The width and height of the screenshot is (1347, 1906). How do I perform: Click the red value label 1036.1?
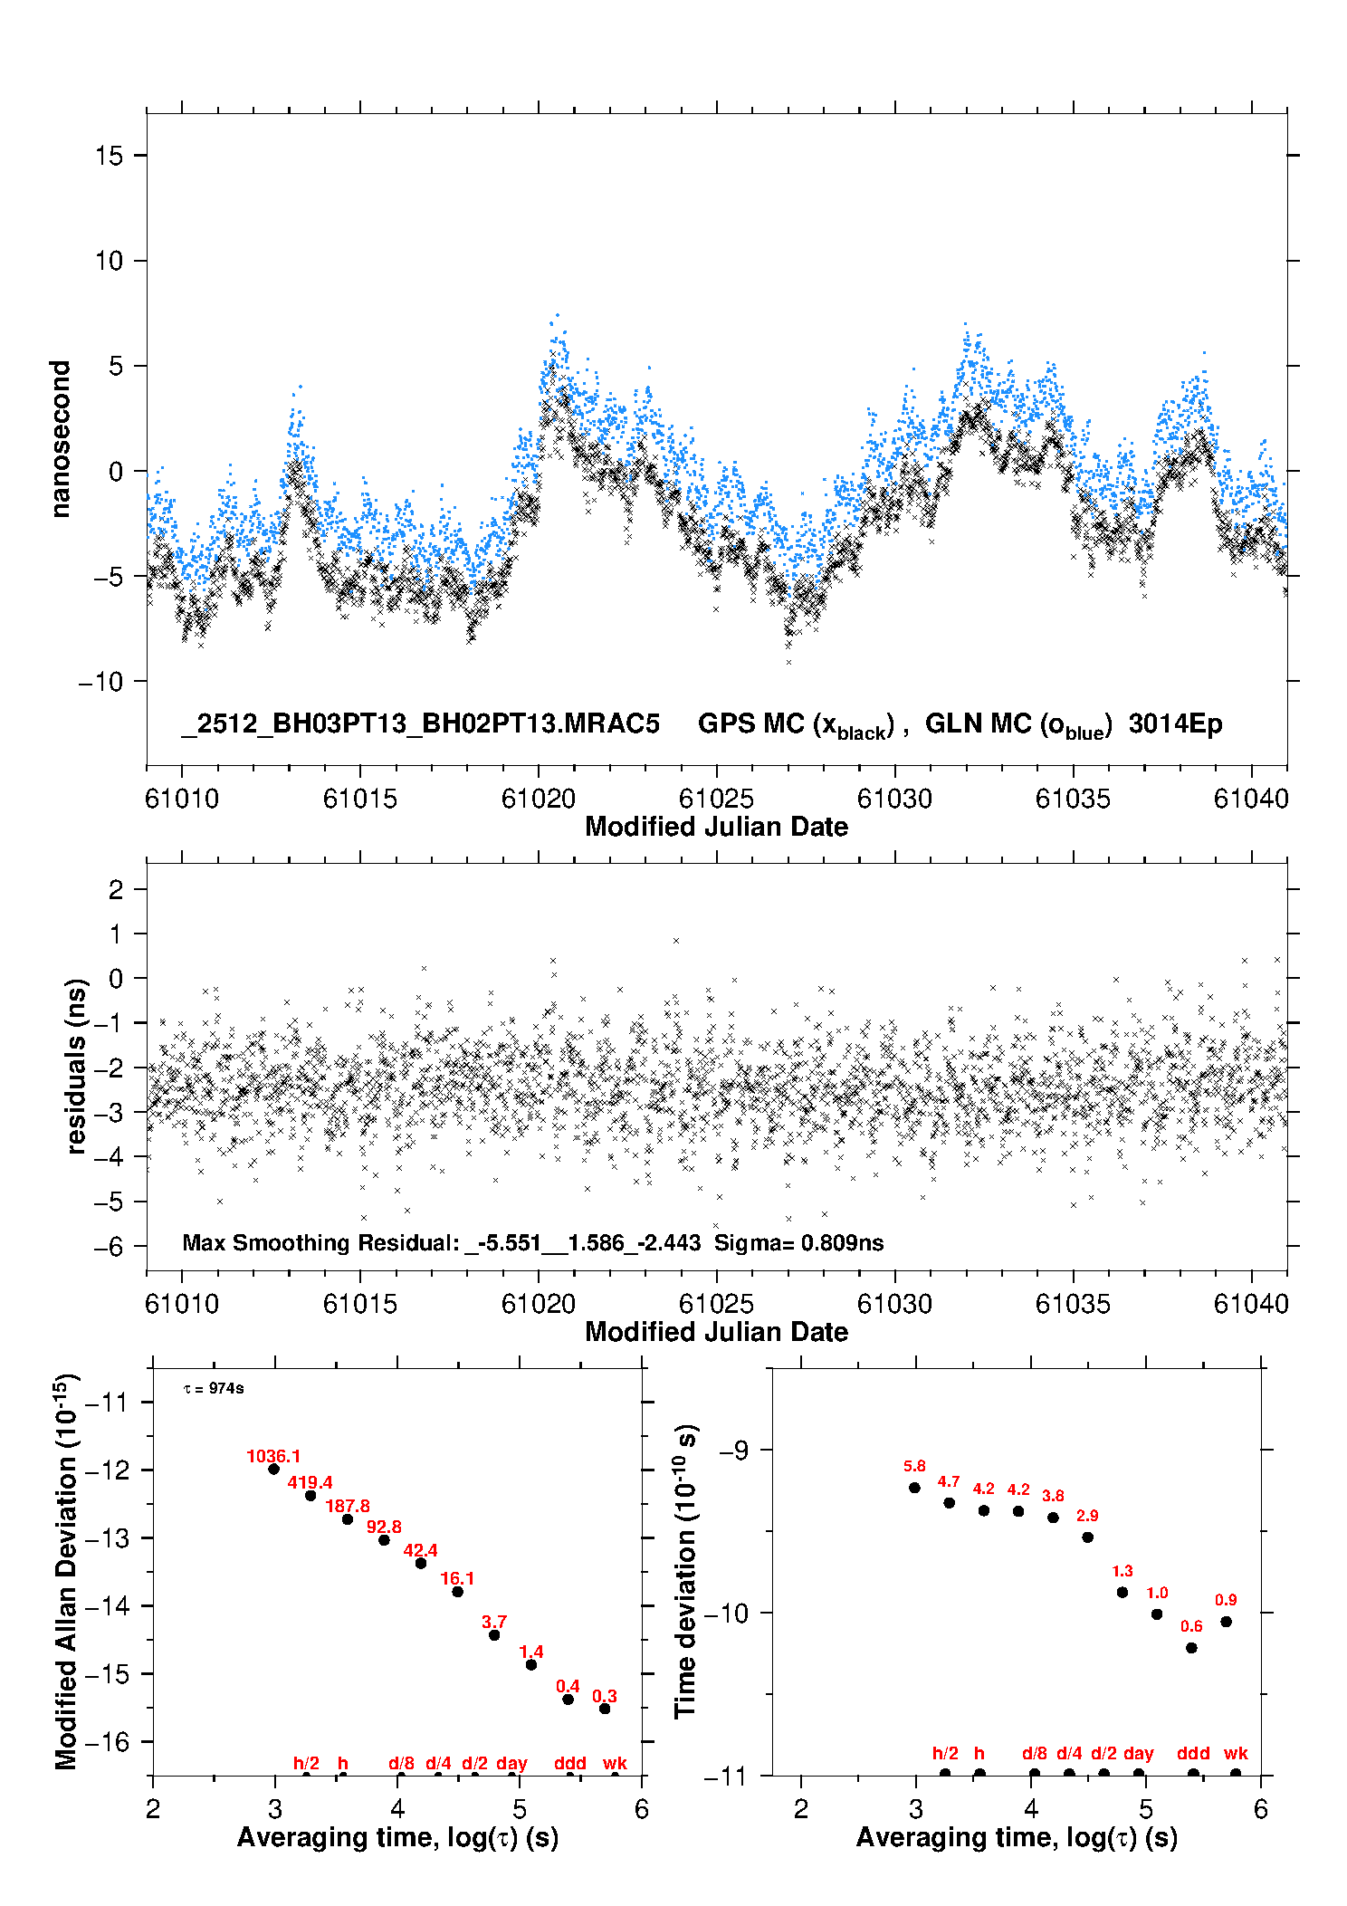coord(272,1456)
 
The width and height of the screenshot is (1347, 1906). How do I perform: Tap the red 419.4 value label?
coord(310,1482)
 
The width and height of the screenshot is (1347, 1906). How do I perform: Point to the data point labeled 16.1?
coord(457,1591)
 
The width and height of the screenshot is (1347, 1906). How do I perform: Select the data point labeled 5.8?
coord(914,1487)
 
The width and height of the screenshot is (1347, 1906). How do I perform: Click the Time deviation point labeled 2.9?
coord(1087,1537)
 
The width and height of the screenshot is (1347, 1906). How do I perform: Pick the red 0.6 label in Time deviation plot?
coord(1191,1625)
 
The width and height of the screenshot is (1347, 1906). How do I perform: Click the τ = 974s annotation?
coord(214,1388)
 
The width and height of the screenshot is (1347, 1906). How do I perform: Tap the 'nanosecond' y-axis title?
coord(61,439)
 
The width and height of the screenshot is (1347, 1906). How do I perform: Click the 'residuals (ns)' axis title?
coord(76,1066)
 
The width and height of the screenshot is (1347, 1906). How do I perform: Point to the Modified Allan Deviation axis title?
coord(67,1571)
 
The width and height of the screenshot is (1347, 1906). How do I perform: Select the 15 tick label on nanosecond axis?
coord(109,156)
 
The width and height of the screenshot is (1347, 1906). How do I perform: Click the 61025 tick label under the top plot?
coord(716,799)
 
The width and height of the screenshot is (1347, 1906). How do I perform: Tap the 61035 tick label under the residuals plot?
coord(1073,1304)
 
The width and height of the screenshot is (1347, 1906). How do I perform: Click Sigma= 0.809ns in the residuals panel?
coord(798,1242)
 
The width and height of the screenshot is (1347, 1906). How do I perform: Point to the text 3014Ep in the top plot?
coord(1175,723)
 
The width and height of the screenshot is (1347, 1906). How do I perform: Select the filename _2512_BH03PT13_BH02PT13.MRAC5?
coord(421,723)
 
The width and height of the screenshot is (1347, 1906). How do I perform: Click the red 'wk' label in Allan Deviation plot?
coord(615,1763)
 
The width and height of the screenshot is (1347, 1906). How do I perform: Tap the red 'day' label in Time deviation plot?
coord(1138,1753)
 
